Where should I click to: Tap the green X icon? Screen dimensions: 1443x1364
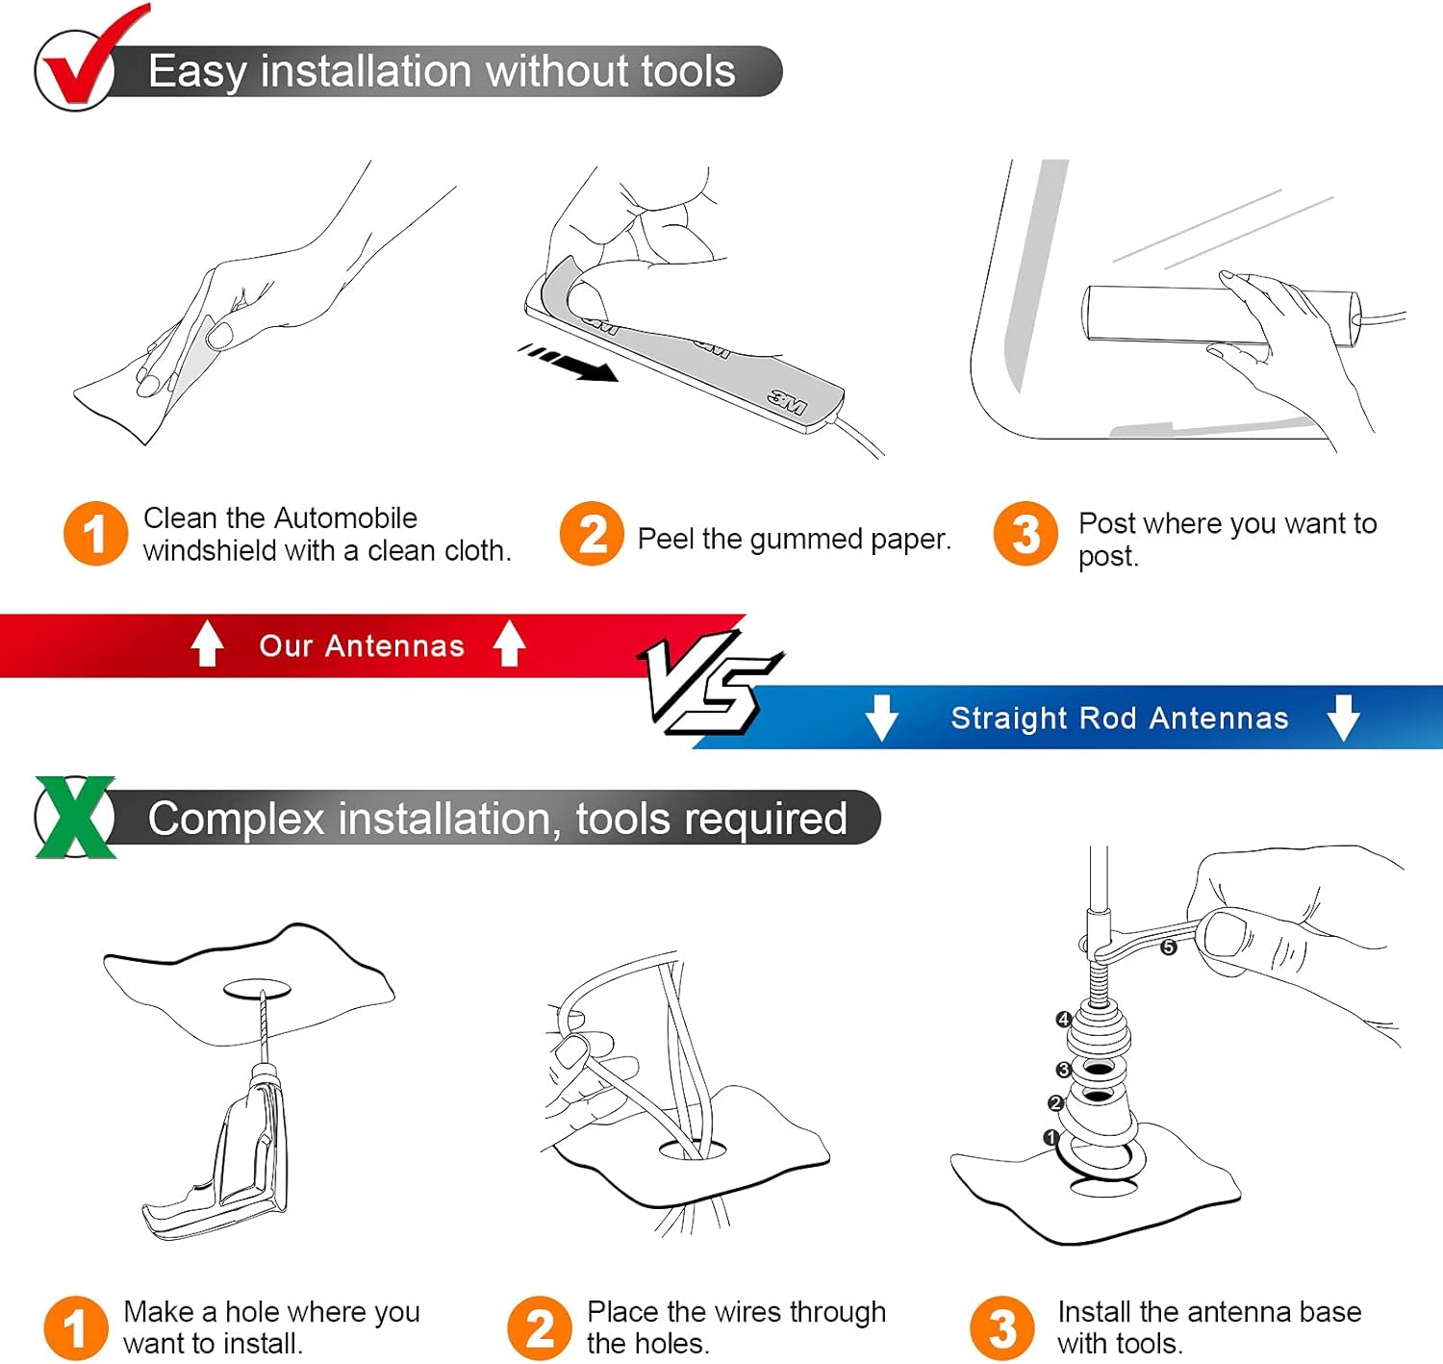point(75,817)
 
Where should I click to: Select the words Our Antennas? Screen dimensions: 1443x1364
point(361,646)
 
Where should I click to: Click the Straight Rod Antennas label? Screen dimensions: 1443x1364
point(1120,718)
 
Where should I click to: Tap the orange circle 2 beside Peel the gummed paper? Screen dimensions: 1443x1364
point(592,534)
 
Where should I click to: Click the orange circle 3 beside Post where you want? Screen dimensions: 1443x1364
point(1025,534)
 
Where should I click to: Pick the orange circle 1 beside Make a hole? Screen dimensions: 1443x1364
point(76,1328)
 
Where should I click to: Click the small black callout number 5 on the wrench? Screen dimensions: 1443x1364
point(1169,947)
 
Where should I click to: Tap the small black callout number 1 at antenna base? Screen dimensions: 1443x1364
point(1051,1137)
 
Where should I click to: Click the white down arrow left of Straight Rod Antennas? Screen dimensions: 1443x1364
point(881,718)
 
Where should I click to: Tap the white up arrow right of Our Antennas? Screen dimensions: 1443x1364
point(510,644)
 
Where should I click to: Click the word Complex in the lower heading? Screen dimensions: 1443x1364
point(237,819)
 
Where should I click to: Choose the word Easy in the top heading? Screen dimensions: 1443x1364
point(197,72)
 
